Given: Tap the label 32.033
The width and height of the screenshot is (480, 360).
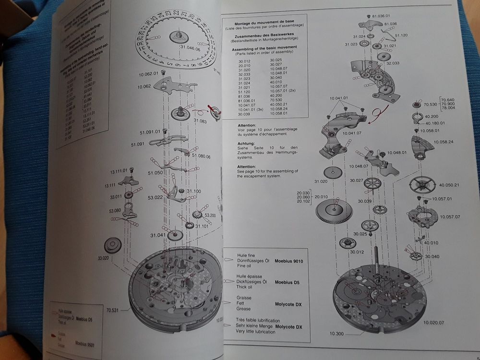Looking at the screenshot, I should point(392,63).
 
